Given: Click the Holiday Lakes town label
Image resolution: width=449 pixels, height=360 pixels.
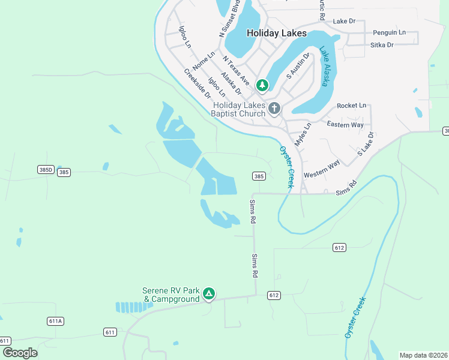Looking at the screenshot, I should [x=276, y=33].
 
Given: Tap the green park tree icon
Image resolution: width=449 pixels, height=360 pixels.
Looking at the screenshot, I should [x=262, y=86].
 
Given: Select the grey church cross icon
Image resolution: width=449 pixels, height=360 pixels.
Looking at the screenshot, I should [x=274, y=109].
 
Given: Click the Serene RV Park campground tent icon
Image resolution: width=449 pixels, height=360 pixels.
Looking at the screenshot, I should [x=208, y=293].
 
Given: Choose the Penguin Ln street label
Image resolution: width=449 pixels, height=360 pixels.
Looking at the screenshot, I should [x=389, y=32].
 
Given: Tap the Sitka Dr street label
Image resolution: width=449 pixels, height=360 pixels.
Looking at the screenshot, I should [x=382, y=45].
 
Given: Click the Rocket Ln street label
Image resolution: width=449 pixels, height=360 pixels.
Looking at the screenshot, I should [x=351, y=106].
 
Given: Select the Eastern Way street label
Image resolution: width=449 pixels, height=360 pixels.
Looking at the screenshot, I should [x=345, y=124].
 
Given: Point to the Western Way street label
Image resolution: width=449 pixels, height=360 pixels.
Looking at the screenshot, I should [x=322, y=169].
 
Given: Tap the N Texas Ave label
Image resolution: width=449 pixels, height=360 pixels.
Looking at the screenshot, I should [x=236, y=70].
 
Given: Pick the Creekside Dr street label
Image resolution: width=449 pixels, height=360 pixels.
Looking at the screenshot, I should [x=197, y=84].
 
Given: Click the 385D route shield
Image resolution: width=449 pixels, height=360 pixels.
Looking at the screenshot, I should [x=46, y=170].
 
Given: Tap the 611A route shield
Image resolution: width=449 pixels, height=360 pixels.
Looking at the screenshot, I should [x=55, y=321].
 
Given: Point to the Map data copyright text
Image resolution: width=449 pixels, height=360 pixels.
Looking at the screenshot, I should [x=423, y=355].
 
